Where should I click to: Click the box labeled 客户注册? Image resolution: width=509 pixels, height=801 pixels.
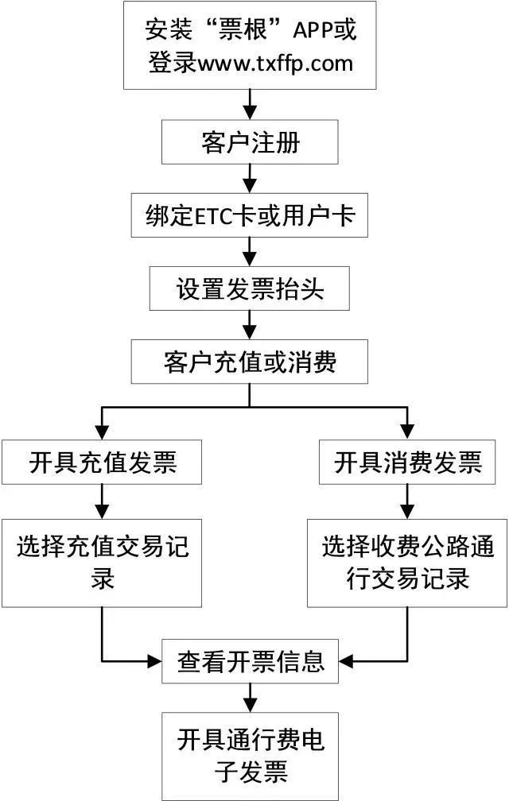pyautogui.click(x=251, y=143)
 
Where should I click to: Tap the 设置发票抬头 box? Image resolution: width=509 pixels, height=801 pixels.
pyautogui.click(x=251, y=290)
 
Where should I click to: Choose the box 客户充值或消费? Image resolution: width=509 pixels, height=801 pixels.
pyautogui.click(x=251, y=362)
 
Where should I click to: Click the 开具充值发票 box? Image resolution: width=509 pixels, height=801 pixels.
pyautogui.click(x=102, y=462)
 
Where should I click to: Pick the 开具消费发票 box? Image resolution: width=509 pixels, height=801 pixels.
pyautogui.click(x=407, y=462)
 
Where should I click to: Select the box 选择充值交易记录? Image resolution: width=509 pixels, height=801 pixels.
pyautogui.click(x=102, y=563)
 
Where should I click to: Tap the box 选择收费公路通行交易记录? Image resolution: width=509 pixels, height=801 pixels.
pyautogui.click(x=407, y=563)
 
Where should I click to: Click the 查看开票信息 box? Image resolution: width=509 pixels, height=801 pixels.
pyautogui.click(x=251, y=661)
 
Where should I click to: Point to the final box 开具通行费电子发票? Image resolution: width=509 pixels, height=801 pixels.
pyautogui.click(x=251, y=756)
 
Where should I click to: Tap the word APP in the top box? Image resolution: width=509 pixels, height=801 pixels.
pyautogui.click(x=306, y=30)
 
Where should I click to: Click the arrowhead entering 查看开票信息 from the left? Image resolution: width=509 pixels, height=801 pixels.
pyautogui.click(x=155, y=660)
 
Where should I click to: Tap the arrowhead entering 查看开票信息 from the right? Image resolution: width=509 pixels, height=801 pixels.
pyautogui.click(x=347, y=660)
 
